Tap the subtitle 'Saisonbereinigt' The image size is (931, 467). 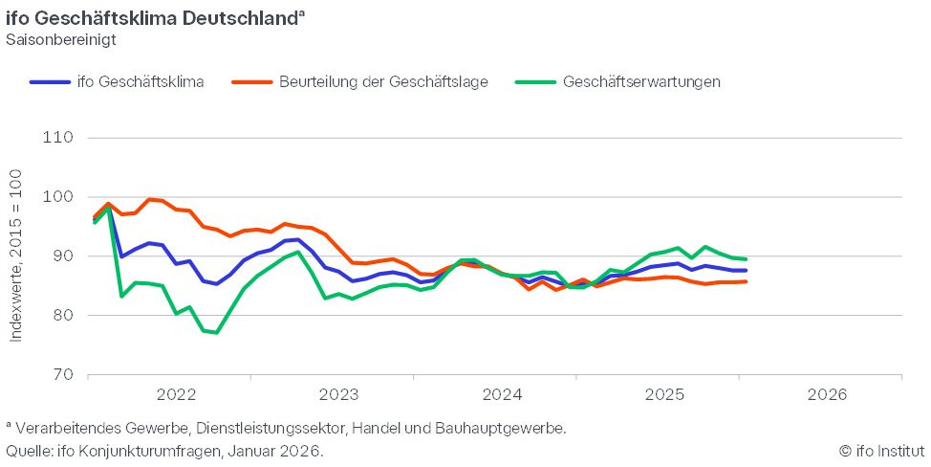pos(61,40)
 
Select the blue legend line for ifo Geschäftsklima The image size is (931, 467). pos(50,82)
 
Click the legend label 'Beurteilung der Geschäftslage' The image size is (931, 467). pos(383,82)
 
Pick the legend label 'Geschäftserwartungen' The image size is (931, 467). pos(641,82)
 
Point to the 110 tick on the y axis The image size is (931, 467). pos(58,137)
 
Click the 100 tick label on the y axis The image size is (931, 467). pos(58,197)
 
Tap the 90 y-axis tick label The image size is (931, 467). pos(62,256)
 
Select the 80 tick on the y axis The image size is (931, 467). pos(62,315)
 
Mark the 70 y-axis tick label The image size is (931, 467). pos(62,374)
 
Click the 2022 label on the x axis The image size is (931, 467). pos(176,394)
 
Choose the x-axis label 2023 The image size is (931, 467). pos(339,394)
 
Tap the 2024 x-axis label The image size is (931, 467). pos(503,394)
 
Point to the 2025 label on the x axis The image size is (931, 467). pos(665,394)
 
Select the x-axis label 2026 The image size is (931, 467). pos(828,394)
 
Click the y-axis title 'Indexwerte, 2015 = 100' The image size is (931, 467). pos(16,256)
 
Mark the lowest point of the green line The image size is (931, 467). pos(216,332)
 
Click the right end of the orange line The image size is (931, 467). pos(746,281)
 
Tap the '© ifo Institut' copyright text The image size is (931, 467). pos(881,451)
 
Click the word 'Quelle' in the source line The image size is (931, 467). pos(29,451)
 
